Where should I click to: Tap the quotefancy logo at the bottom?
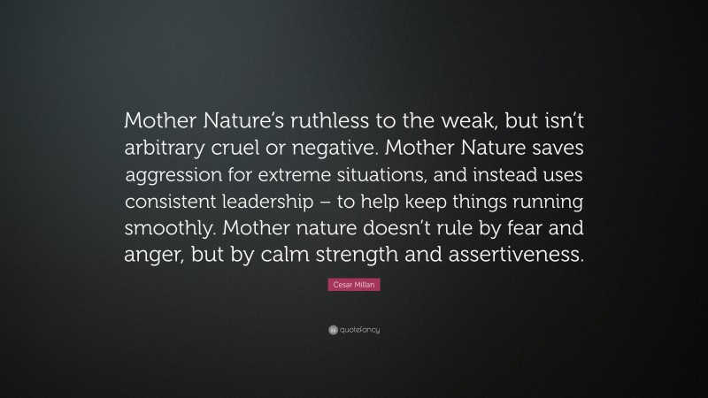[353, 329]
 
